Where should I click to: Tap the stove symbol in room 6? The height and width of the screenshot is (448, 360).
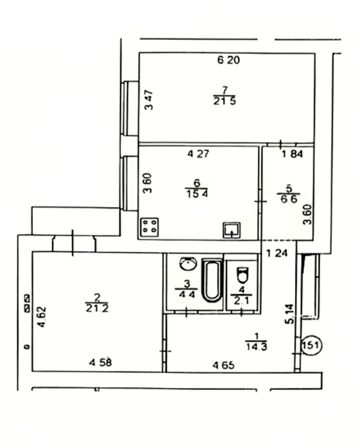click(150, 227)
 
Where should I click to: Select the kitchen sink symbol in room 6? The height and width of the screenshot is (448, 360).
click(232, 230)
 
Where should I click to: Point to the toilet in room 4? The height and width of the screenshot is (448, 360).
click(243, 275)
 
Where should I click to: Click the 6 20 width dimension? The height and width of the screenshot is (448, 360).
click(228, 60)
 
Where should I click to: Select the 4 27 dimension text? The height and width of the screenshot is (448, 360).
click(198, 154)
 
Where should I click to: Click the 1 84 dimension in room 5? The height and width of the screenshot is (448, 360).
click(292, 154)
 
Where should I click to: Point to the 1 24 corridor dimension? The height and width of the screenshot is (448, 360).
click(277, 253)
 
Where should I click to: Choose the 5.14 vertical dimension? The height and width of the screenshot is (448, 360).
click(289, 314)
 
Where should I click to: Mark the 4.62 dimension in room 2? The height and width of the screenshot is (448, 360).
click(42, 317)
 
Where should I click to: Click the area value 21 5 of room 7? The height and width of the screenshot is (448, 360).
click(225, 101)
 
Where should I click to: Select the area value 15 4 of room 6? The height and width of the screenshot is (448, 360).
click(197, 194)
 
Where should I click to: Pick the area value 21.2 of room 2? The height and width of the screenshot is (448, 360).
click(97, 308)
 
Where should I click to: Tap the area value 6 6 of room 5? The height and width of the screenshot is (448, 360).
click(289, 199)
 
